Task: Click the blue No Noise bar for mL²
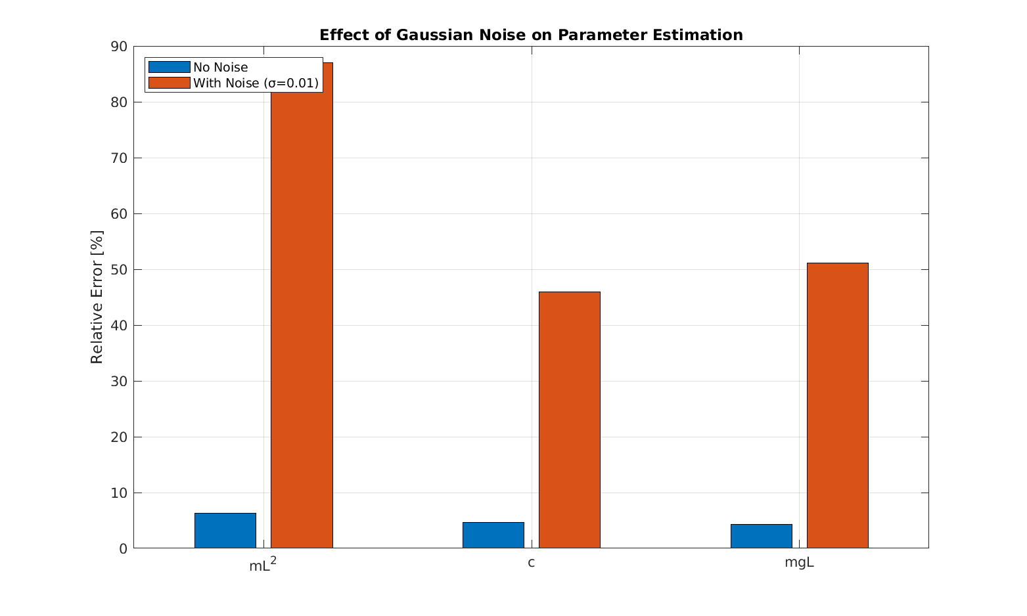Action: [225, 531]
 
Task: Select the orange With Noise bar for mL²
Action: [302, 305]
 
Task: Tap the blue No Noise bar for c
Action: [493, 535]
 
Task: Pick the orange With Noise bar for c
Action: [569, 420]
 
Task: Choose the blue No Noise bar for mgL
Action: [761, 536]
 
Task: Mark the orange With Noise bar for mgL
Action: [837, 405]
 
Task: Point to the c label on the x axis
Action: [531, 563]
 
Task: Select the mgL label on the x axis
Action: [799, 563]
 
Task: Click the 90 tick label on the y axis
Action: [119, 47]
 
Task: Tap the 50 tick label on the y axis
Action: [119, 270]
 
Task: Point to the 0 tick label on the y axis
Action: [123, 548]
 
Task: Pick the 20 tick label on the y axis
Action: [119, 437]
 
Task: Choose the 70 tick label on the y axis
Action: [119, 158]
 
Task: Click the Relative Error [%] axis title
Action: [97, 297]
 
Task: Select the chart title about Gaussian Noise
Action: [531, 35]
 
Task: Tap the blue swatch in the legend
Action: [169, 67]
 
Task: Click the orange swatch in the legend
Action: [169, 83]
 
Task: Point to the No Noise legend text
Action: [221, 67]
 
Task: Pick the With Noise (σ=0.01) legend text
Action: [256, 83]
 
